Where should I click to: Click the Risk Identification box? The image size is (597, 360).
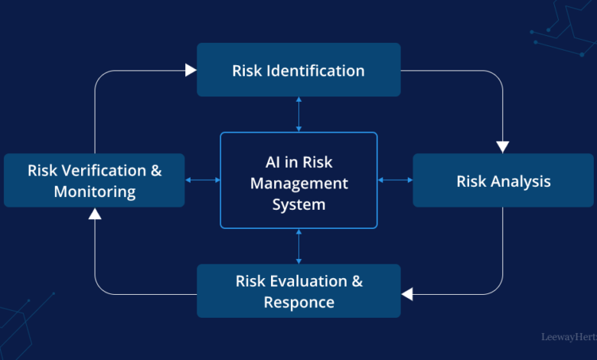298,70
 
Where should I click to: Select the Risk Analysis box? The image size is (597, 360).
503,180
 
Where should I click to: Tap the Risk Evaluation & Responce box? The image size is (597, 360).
298,291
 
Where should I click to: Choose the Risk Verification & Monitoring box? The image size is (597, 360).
94,180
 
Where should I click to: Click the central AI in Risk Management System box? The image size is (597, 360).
298,180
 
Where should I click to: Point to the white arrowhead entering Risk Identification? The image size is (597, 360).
191,70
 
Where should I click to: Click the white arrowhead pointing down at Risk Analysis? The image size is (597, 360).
503,147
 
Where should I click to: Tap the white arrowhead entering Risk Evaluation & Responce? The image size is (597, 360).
407,294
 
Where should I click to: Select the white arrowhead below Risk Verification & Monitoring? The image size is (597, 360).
95,214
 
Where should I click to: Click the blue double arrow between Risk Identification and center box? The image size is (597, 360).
298,114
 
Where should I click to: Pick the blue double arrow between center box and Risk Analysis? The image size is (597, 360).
395,180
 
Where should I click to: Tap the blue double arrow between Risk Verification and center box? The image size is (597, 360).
203,180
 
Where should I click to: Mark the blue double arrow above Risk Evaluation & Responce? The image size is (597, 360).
298,247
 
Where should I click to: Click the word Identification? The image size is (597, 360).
315,70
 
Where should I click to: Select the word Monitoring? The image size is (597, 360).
95,191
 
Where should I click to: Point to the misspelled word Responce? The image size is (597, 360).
298,303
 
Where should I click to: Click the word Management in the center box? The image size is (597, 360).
298,184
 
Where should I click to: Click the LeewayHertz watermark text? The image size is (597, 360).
569,337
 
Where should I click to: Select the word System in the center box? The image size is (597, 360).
298,205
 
